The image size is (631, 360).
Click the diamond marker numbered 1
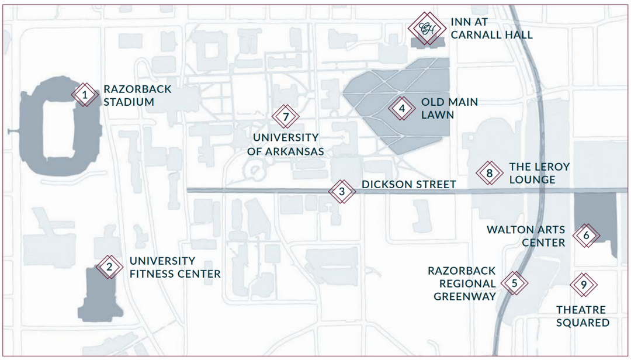coord(85,95)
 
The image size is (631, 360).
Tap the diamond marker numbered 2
coord(109,266)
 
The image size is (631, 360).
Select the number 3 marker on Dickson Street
coord(342,191)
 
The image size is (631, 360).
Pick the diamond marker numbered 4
coord(402,108)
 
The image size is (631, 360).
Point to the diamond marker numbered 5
coord(515,283)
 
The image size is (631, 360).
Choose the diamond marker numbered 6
coord(587,235)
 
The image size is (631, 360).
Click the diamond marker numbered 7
coord(286,117)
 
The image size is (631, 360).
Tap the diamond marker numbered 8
coord(490,173)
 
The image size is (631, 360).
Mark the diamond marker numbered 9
coord(584,285)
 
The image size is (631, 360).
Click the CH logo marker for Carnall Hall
coord(427,28)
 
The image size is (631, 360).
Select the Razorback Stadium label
coord(138,95)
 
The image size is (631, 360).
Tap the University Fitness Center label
coord(175,268)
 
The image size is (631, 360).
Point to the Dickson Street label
coord(409,185)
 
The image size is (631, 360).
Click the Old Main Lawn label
coord(449,108)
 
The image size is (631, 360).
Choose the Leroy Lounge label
coord(540,173)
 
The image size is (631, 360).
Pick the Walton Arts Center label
coord(526,236)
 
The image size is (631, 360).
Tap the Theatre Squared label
coord(583,316)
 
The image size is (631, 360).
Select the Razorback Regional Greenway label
coord(462,283)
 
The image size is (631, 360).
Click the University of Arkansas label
coord(285,144)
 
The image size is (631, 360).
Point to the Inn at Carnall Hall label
coord(491,28)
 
